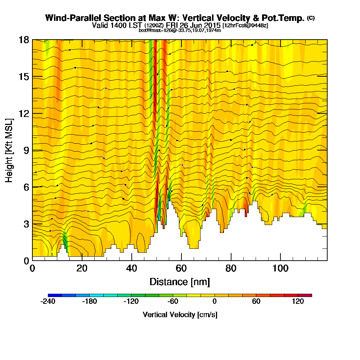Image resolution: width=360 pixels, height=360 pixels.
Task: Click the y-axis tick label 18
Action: [x=24, y=40]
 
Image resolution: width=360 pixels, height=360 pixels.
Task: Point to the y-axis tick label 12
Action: [x=24, y=113]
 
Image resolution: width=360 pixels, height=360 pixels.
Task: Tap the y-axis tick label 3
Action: [x=26, y=224]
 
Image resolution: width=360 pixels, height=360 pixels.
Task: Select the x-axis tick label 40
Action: [x=132, y=269]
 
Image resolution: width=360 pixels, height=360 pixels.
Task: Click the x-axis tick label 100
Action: [x=280, y=269]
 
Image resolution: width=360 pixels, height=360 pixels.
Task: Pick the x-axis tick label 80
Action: [x=231, y=269]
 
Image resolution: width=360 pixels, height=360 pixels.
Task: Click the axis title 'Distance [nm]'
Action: [x=180, y=282]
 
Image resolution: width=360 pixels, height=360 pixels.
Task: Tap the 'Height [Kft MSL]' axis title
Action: [x=9, y=150]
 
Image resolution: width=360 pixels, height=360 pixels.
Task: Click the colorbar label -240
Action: [x=48, y=302]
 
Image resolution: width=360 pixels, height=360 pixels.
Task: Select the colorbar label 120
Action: [x=298, y=302]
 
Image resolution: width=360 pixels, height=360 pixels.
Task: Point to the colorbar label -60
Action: [x=173, y=302]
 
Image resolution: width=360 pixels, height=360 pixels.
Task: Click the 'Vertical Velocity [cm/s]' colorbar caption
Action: [x=180, y=315]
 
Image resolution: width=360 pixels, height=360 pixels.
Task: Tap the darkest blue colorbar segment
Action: [x=55, y=295]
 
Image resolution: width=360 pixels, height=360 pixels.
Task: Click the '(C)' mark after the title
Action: [x=311, y=18]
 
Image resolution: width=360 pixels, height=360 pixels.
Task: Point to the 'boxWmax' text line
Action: [x=180, y=30]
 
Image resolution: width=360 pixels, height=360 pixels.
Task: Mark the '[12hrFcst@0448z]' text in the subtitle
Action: [x=245, y=26]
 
